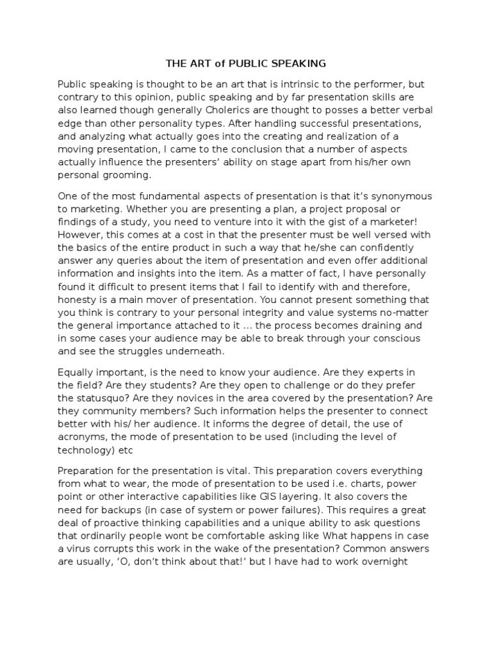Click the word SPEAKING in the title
coord(301,63)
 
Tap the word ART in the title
coord(199,63)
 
